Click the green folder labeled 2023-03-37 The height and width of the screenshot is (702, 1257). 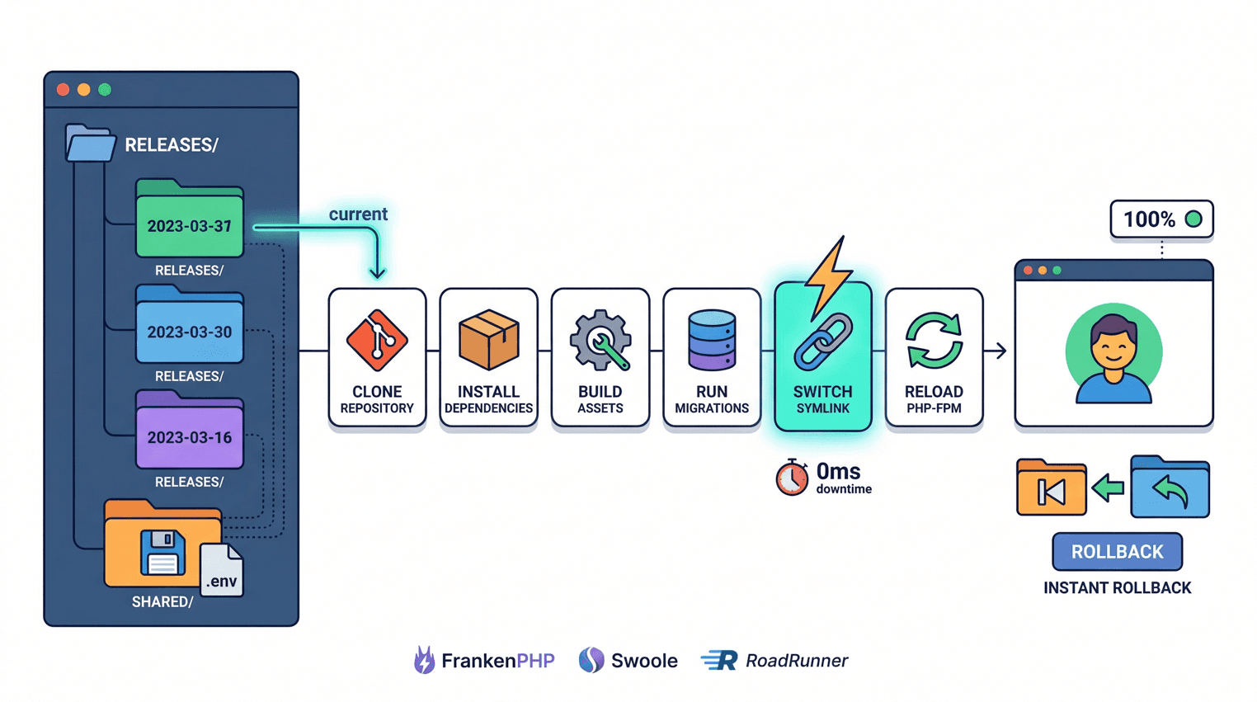[x=189, y=221]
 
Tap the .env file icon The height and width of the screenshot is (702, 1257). [x=221, y=572]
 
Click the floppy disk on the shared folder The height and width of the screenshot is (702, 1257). [x=162, y=552]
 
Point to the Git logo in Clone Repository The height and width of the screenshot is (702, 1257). [x=377, y=340]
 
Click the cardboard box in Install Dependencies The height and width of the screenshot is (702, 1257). [x=488, y=339]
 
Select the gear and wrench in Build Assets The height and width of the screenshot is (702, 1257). [x=600, y=340]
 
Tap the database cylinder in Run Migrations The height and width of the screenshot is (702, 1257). [x=712, y=339]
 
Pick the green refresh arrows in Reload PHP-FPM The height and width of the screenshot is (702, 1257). [x=934, y=340]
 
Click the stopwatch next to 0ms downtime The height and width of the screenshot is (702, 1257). [x=792, y=478]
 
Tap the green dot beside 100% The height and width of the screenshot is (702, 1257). [x=1193, y=219]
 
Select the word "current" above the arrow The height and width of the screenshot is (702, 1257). [x=358, y=214]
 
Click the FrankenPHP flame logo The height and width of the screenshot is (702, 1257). [x=424, y=660]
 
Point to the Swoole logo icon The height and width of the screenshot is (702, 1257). [x=591, y=660]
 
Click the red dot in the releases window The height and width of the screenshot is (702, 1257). [x=63, y=89]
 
